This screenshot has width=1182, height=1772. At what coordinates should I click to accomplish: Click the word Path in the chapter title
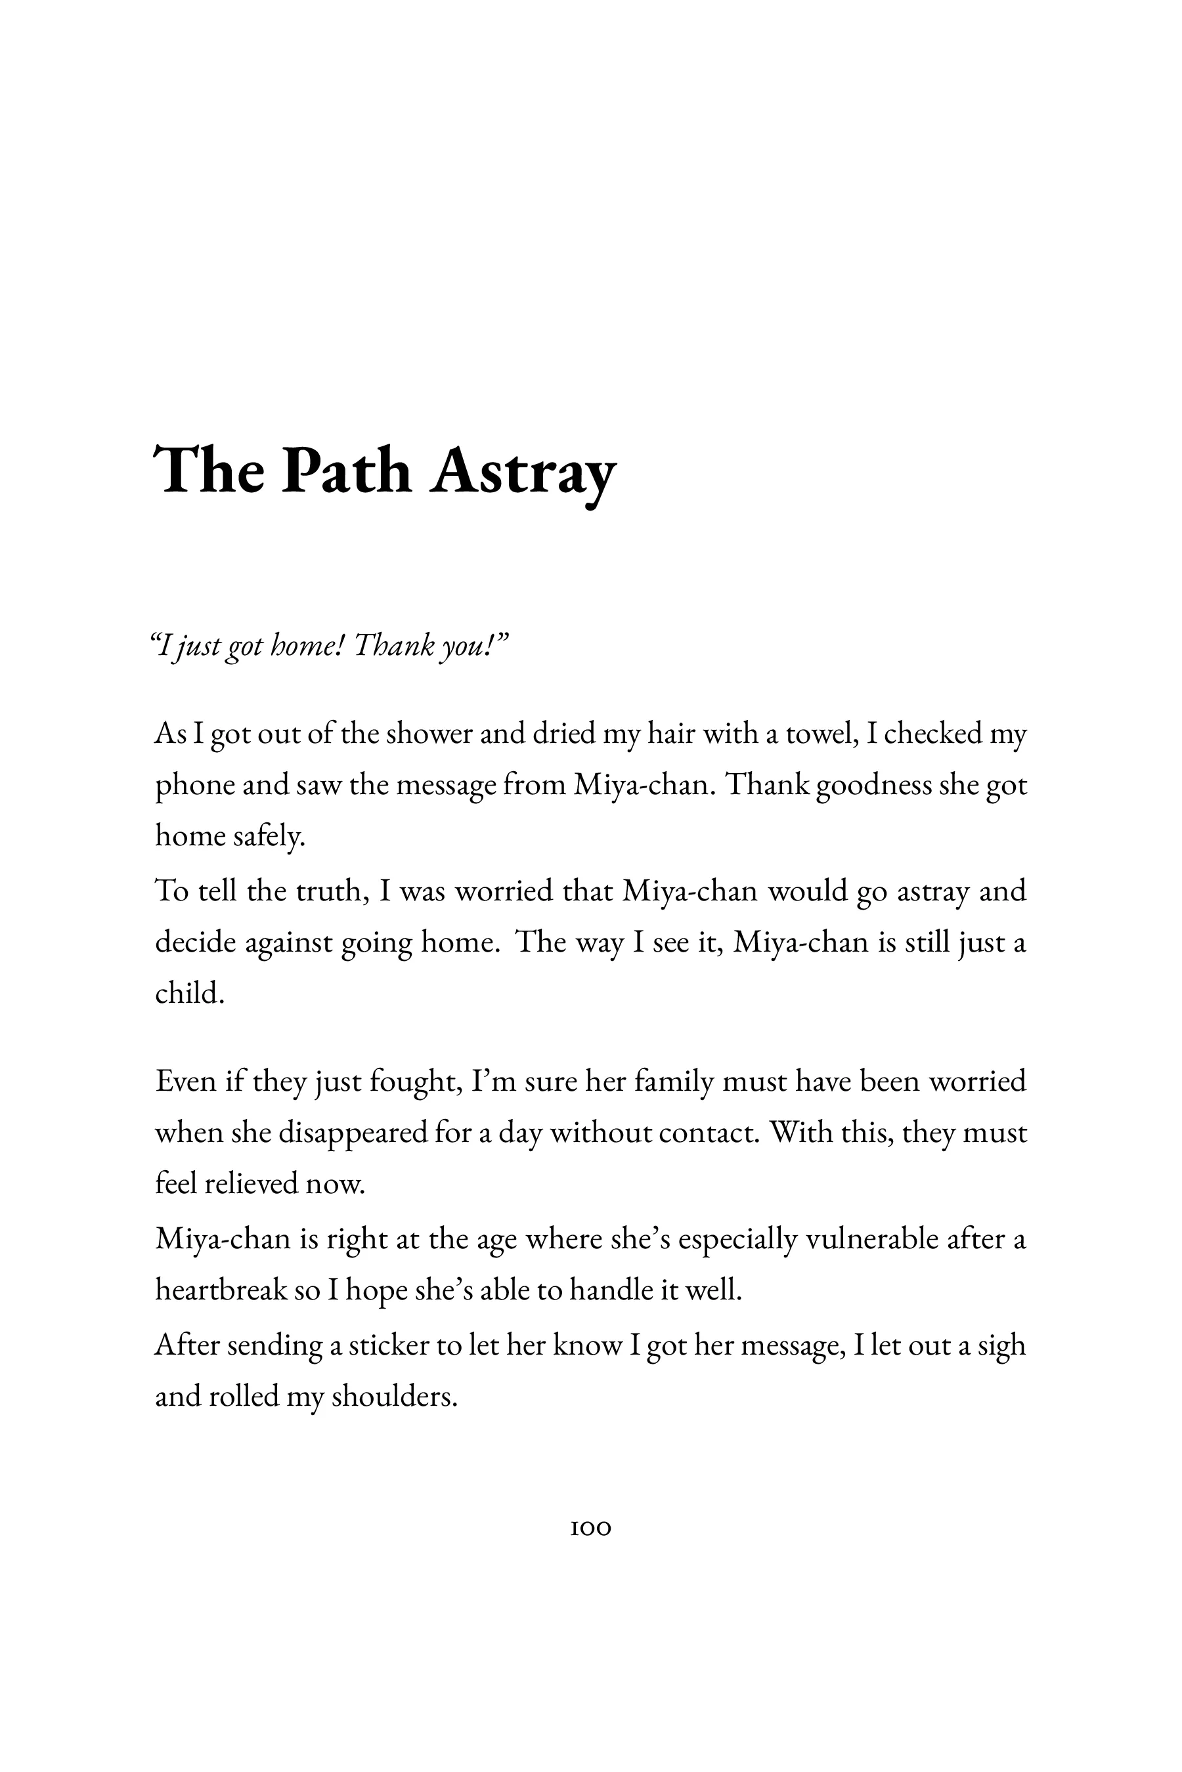pyautogui.click(x=347, y=473)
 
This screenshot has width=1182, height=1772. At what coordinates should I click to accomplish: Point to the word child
pyautogui.click(x=190, y=993)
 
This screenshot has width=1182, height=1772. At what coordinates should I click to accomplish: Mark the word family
pyautogui.click(x=674, y=1082)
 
